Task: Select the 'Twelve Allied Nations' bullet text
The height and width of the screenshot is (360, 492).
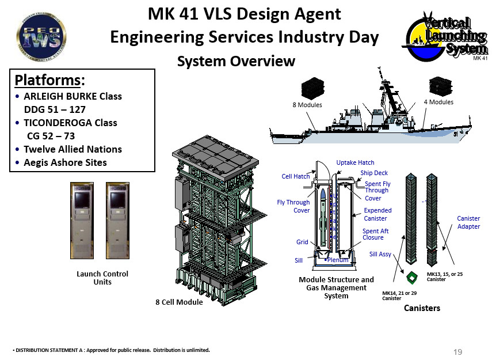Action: coord(73,149)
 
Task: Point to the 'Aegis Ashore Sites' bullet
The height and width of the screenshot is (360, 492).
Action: coord(65,162)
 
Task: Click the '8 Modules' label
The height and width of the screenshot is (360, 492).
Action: coord(307,105)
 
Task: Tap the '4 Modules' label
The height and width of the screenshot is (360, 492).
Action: coord(438,102)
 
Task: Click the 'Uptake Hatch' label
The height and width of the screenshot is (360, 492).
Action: coord(355,163)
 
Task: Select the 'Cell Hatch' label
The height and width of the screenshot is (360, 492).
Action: coord(296,176)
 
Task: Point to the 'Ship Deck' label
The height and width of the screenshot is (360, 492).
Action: coord(374,173)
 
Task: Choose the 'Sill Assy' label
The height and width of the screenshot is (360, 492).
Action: coord(380,253)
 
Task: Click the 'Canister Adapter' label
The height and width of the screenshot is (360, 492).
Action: coord(468,222)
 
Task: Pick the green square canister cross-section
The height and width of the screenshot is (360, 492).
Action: coord(411,277)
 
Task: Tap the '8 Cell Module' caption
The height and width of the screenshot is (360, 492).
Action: coord(180,302)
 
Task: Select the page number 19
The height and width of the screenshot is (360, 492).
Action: coord(458,352)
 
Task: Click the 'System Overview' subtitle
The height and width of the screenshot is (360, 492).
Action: coord(236,61)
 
